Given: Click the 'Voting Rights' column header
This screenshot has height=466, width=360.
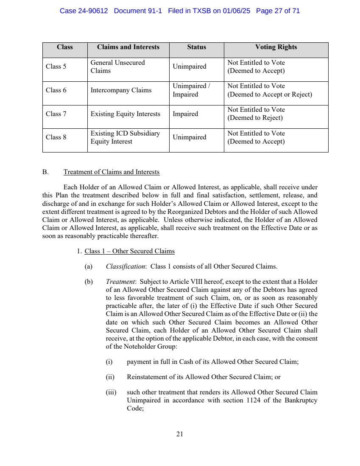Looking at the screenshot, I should [276, 47].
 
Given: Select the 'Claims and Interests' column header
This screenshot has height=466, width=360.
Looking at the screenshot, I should [128, 47].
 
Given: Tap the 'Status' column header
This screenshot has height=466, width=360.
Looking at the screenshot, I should [196, 47].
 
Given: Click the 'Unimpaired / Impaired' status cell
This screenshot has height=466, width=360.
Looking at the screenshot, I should [191, 90].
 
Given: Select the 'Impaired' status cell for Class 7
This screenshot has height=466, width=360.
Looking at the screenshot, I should [185, 114].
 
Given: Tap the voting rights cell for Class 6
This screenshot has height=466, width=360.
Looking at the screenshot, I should [270, 90].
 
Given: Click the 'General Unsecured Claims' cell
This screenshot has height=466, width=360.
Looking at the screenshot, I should [117, 67].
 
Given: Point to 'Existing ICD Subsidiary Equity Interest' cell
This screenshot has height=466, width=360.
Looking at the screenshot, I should [125, 137].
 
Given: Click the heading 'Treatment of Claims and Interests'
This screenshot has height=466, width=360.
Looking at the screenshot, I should [112, 172].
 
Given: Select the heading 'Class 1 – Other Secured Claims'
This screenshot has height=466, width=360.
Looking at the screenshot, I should [129, 251].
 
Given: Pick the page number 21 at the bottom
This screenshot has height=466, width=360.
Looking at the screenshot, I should [180, 434].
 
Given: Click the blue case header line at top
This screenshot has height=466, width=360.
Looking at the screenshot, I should [180, 11].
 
